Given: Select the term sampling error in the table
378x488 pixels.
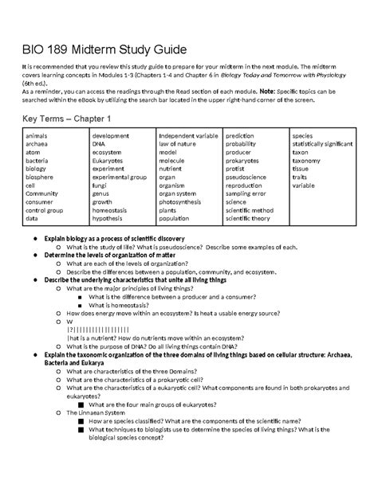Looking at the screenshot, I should pyautogui.click(x=250, y=193).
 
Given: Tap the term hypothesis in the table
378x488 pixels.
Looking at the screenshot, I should pyautogui.click(x=108, y=218).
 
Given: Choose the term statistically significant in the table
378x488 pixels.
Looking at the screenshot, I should pyautogui.click(x=322, y=144).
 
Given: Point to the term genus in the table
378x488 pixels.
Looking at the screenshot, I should pyautogui.click(x=101, y=193).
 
